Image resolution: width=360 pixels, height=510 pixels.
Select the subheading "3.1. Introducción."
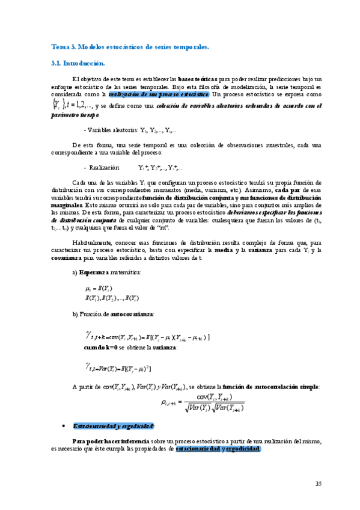coord(78,63)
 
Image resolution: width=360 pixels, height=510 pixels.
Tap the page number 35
coord(319,484)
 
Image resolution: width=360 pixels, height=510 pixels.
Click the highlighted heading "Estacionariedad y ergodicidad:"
coord(113,409)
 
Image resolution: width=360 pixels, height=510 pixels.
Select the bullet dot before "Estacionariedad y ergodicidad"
coord(64,410)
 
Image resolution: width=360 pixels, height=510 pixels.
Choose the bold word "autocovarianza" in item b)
coord(136,314)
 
